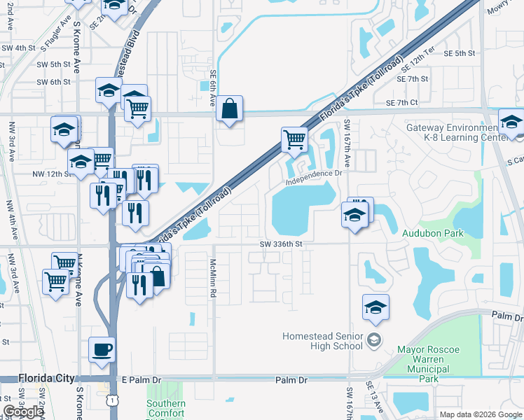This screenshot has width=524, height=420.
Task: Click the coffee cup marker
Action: click(102, 349)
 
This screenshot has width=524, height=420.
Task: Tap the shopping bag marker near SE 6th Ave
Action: click(229, 109)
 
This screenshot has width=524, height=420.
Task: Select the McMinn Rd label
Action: click(212, 278)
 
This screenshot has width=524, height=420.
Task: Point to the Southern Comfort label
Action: click(166, 409)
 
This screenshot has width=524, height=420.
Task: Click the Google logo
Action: click(24, 412)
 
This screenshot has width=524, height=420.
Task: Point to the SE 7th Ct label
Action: click(401, 103)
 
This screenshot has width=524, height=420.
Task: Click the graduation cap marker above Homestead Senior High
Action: click(375, 308)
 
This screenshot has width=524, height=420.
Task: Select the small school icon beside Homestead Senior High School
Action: click(374, 341)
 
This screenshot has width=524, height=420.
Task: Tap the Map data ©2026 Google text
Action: click(480, 414)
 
